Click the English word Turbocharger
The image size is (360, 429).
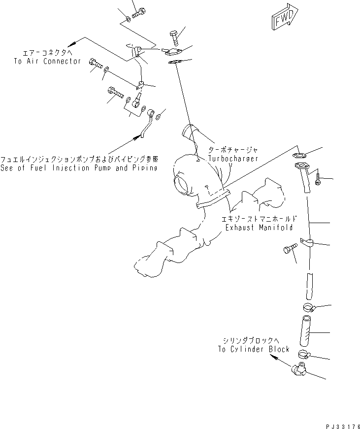pyautogui.click(x=233, y=158)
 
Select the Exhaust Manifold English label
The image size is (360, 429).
pyautogui.click(x=259, y=228)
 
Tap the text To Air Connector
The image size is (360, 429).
pyautogui.click(x=47, y=61)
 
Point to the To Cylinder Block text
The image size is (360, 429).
pyautogui.click(x=253, y=349)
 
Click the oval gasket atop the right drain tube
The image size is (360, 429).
pyautogui.click(x=299, y=156)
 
